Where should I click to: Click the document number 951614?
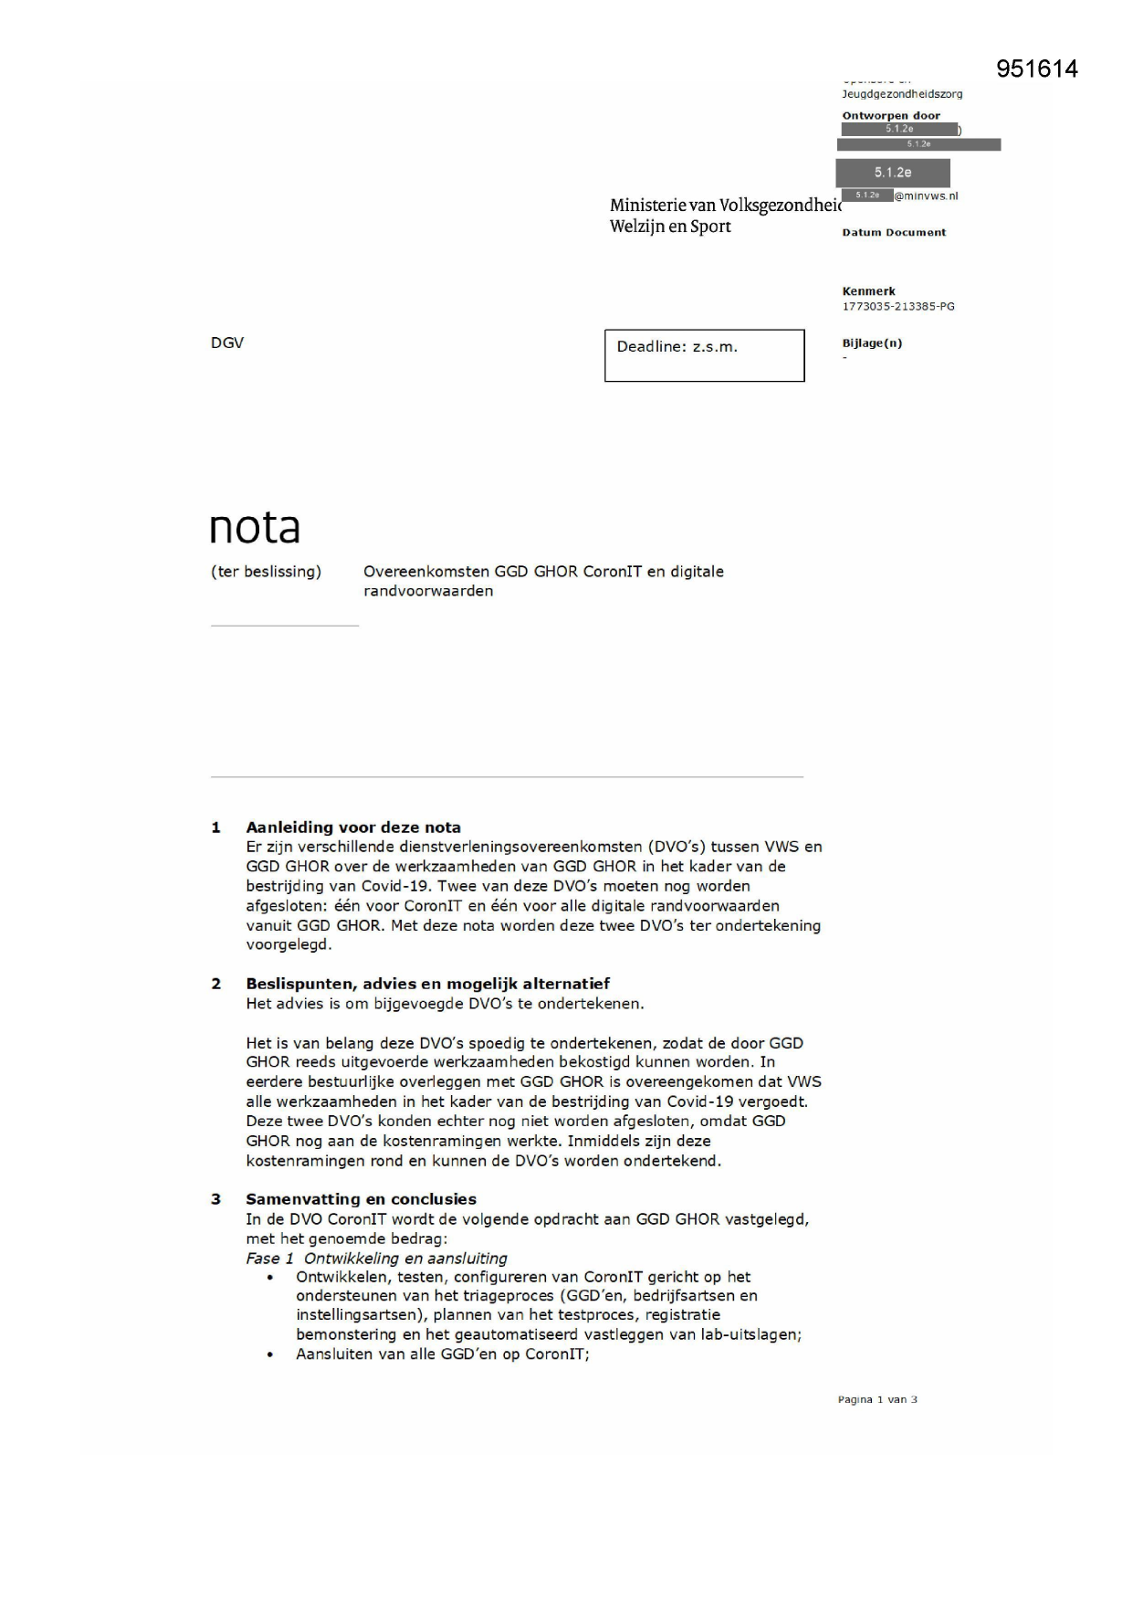point(1036,69)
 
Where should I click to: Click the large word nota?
point(255,528)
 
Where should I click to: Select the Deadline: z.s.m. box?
point(704,355)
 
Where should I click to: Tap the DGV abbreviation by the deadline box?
point(227,343)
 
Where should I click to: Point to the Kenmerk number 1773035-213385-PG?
point(897,307)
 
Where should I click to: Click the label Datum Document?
point(894,233)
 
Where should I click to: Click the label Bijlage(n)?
point(872,343)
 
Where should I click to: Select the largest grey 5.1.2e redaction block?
point(892,173)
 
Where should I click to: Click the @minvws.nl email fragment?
point(926,195)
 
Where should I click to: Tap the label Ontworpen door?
point(890,116)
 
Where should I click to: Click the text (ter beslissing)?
point(266,572)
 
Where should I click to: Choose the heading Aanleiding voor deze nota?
point(353,827)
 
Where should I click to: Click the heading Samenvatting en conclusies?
point(361,1199)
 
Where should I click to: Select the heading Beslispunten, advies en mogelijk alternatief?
point(427,984)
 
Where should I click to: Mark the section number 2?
point(216,984)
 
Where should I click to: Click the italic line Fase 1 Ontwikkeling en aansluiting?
point(376,1258)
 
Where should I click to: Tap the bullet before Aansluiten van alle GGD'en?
point(270,1355)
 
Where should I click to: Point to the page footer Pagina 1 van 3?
point(876,1399)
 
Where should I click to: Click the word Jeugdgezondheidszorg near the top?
point(901,94)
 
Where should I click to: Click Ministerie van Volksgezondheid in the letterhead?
point(725,206)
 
